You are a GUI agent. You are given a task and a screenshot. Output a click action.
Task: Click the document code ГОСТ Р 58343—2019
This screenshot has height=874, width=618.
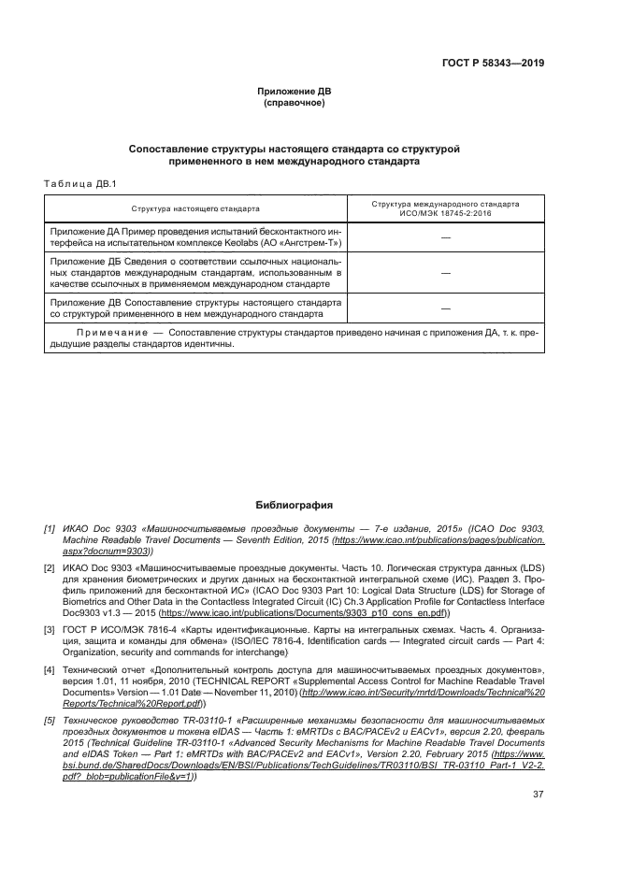(x=494, y=64)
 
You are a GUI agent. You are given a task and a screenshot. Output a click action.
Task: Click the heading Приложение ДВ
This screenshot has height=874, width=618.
(x=295, y=91)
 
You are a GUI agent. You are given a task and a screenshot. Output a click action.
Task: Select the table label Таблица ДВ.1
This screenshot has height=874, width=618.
(x=79, y=183)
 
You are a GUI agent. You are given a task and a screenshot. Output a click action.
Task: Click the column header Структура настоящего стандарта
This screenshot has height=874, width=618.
(x=195, y=208)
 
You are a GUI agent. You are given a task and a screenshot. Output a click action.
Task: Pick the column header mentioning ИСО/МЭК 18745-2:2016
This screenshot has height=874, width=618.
(x=445, y=208)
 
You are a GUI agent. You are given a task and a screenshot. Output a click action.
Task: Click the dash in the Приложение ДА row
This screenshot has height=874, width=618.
(x=445, y=239)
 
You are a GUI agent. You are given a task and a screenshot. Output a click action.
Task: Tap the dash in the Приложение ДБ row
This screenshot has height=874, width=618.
(x=445, y=273)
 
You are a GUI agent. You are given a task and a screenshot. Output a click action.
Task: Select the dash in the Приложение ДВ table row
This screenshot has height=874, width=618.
(x=445, y=308)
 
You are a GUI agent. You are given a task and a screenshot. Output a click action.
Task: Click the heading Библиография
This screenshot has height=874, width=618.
(x=295, y=505)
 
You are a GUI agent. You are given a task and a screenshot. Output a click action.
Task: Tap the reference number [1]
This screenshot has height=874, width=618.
(x=50, y=529)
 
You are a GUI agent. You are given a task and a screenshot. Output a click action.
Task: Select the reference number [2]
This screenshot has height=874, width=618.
(x=50, y=567)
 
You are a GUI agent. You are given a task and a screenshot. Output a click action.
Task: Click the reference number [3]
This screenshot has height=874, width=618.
(x=50, y=631)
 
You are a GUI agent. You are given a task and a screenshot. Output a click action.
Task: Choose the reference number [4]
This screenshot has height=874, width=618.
(x=50, y=670)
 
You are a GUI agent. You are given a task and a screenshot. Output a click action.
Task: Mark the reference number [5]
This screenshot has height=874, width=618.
(x=50, y=721)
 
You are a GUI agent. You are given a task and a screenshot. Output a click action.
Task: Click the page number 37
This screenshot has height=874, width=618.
(x=538, y=795)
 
